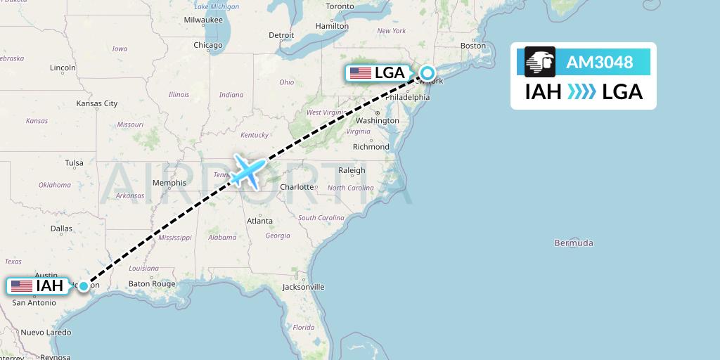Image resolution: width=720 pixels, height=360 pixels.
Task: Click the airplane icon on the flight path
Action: tap(247, 170)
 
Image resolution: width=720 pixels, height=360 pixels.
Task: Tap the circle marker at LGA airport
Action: tap(427, 72)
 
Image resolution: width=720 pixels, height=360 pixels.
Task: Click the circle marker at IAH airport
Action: tap(84, 285)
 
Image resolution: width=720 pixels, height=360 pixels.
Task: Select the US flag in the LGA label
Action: tap(360, 73)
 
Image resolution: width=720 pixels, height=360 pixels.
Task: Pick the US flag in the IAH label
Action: tap(22, 286)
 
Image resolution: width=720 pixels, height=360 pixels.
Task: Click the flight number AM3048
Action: tap(599, 63)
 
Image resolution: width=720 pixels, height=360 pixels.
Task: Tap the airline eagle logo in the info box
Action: tap(540, 62)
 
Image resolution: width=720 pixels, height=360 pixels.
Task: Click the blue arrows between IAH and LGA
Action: tap(581, 92)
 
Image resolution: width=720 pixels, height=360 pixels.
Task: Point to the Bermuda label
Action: tap(574, 243)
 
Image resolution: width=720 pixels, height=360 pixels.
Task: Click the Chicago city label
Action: tap(208, 45)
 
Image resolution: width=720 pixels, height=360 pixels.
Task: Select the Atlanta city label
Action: tap(259, 221)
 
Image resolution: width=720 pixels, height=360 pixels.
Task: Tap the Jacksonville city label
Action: tap(303, 287)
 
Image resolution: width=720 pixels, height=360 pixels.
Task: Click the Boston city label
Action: tap(473, 46)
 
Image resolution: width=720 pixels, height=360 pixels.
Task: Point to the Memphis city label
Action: tap(169, 183)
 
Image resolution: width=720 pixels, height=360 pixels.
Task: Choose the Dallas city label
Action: tap(61, 229)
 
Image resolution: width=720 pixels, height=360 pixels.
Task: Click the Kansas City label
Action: tap(97, 103)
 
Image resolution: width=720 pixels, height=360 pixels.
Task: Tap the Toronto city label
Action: tap(340, 6)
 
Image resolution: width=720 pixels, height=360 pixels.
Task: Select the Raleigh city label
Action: tap(352, 170)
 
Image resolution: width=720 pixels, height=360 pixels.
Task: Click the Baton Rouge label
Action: tap(153, 284)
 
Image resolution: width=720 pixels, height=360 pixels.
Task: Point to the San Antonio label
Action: tap(34, 302)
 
